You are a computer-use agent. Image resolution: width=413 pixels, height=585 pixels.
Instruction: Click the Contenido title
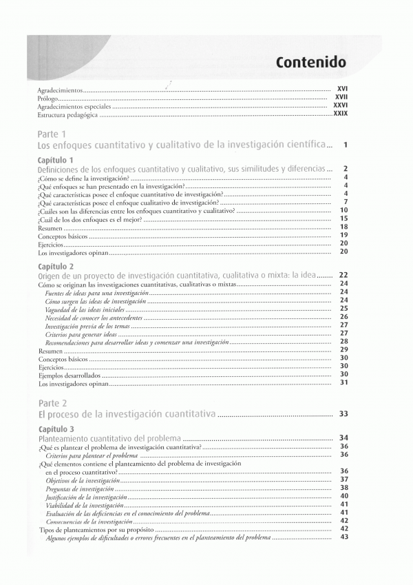click(310, 62)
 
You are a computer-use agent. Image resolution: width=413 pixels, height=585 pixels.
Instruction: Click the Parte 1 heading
click(52, 134)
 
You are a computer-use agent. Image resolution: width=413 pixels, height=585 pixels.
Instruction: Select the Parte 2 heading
click(52, 402)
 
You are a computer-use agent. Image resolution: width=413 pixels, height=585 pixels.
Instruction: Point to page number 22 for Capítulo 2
click(344, 274)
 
